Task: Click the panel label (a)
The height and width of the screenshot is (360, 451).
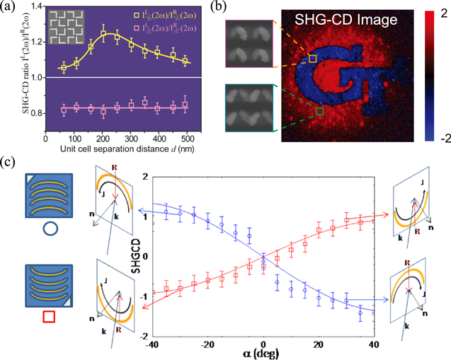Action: point(10,8)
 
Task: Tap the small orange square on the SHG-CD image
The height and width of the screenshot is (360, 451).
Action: point(312,60)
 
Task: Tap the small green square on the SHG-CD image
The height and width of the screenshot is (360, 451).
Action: point(320,110)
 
